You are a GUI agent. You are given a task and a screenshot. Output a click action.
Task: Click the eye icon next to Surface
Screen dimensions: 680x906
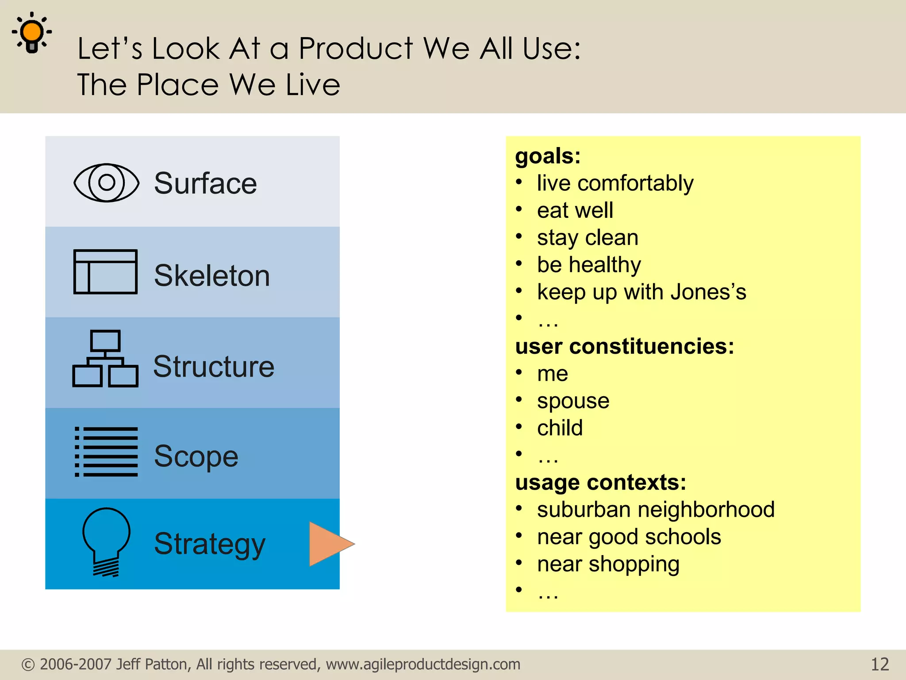tap(106, 182)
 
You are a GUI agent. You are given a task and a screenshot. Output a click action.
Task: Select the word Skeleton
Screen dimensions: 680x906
tap(211, 275)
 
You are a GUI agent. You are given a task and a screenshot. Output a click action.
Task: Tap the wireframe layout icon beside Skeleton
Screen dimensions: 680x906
tap(105, 271)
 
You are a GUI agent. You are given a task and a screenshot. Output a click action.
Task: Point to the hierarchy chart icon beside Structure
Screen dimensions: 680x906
tap(105, 359)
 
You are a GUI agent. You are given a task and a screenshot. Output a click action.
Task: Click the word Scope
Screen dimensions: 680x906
tap(196, 456)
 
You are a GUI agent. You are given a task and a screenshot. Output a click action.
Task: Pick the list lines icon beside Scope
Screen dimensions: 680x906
tap(106, 452)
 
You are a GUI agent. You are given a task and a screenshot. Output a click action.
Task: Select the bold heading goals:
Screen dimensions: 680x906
tap(548, 156)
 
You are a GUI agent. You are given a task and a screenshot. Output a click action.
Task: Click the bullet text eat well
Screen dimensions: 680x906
tap(575, 210)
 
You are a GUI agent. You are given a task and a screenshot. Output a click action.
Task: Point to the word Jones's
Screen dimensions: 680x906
tap(708, 292)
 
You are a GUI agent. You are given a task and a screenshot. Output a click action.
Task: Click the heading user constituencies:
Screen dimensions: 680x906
tap(624, 346)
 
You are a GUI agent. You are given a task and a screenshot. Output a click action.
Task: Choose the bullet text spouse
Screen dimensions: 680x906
tap(573, 401)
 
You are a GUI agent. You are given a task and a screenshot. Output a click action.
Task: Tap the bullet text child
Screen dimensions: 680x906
tap(560, 428)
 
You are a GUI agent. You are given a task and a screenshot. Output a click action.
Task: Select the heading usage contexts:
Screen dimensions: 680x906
tap(600, 482)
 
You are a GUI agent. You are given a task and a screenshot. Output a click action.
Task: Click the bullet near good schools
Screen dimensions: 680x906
tap(629, 537)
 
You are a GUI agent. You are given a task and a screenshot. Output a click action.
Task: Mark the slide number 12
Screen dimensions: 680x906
tap(879, 665)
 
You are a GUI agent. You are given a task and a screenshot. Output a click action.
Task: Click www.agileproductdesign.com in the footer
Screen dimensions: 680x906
tap(423, 665)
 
